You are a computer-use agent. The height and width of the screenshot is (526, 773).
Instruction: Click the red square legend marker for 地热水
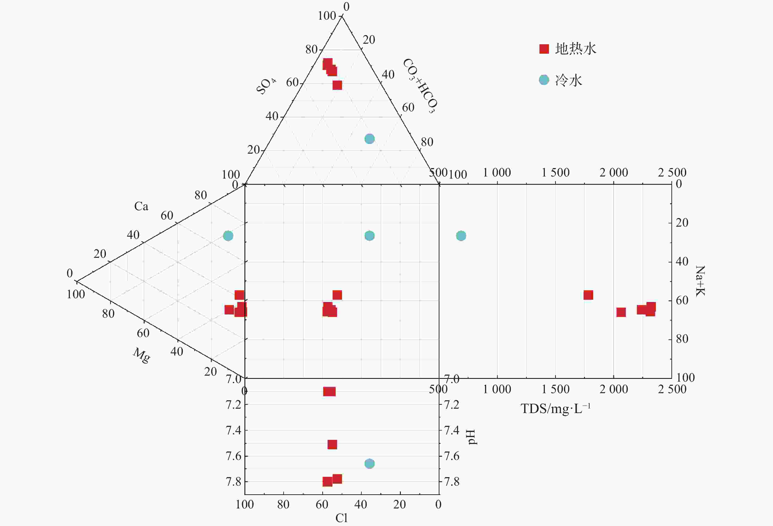[544, 49]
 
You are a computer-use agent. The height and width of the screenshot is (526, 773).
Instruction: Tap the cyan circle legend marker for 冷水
[544, 80]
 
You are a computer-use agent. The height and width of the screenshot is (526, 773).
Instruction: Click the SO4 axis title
[266, 86]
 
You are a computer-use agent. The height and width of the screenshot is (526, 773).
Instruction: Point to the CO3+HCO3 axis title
[420, 86]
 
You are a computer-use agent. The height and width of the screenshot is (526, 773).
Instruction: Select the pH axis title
[472, 437]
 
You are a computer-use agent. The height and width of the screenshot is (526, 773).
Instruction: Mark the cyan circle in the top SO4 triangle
[370, 139]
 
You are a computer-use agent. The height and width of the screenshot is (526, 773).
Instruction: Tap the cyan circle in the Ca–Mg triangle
[228, 236]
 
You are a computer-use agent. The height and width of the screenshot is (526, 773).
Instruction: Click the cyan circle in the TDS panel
[461, 236]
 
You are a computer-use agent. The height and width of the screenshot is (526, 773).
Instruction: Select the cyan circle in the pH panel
[370, 463]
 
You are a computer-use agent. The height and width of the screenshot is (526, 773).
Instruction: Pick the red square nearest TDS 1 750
[588, 295]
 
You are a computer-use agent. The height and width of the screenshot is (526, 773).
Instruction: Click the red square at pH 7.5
[332, 444]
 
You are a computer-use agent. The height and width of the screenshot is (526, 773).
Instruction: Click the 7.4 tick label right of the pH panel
[452, 430]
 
